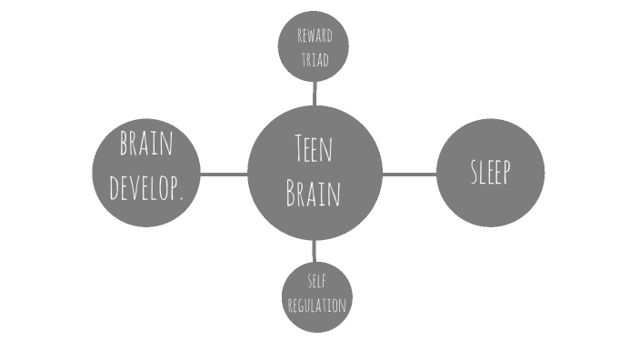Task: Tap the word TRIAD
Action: click(x=314, y=61)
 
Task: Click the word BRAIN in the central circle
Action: click(x=314, y=194)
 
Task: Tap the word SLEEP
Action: click(x=490, y=172)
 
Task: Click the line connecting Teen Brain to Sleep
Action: click(x=409, y=173)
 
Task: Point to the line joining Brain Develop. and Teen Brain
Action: click(x=224, y=173)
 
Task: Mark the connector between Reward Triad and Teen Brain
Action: click(x=315, y=93)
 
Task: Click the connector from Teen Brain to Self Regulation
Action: click(x=315, y=251)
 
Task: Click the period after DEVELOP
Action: click(x=184, y=197)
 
